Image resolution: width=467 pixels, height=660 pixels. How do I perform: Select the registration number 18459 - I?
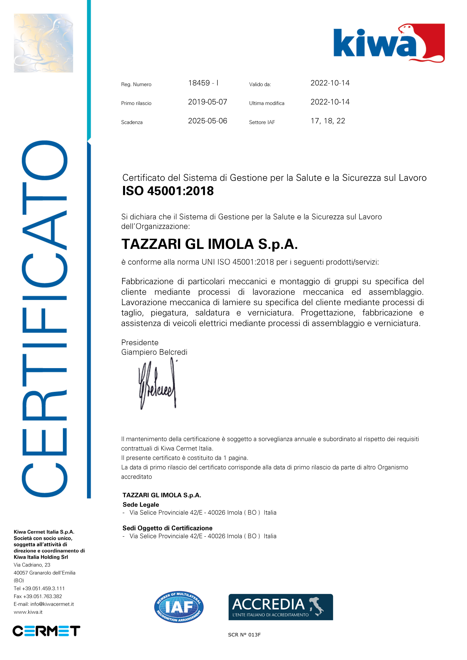[x=203, y=83]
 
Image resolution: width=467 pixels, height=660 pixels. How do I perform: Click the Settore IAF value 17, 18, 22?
[x=328, y=121]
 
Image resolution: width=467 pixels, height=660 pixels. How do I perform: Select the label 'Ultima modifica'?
[x=266, y=104]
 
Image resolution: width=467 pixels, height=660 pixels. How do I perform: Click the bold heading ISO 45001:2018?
[x=168, y=191]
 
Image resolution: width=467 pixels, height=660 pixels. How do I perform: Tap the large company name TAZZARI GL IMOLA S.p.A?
[x=209, y=244]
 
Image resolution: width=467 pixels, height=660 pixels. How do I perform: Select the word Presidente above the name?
[x=140, y=343]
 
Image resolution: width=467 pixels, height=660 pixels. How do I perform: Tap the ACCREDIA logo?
[x=280, y=607]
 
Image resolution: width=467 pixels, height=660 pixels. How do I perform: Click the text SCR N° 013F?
[x=244, y=635]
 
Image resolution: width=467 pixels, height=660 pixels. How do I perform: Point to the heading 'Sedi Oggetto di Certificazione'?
[x=167, y=528]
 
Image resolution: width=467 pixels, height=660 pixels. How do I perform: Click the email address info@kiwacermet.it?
[x=52, y=604]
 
